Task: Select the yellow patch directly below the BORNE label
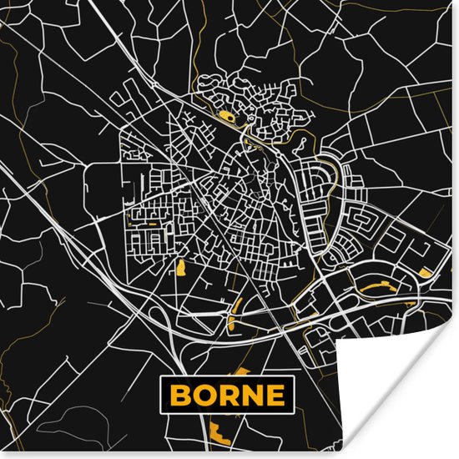pos(220,433)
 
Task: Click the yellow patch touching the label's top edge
pos(242,371)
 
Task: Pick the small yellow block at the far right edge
pos(426,272)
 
